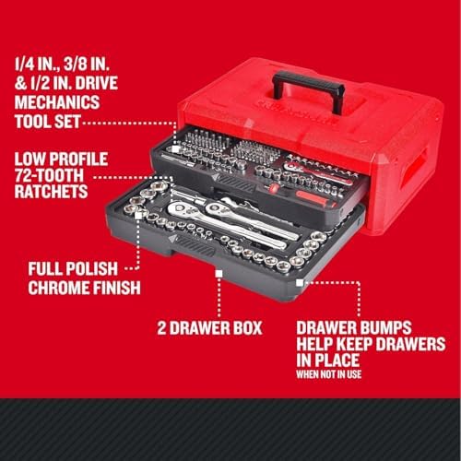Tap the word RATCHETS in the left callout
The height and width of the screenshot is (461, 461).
(51, 192)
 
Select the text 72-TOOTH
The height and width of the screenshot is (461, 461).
(49, 175)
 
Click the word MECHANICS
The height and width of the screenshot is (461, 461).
(57, 102)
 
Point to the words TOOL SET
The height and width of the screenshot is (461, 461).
(48, 122)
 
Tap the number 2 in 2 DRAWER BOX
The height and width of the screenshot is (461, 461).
(161, 328)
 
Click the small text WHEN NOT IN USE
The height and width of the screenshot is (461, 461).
(329, 374)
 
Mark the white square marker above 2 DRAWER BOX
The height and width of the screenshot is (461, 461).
(219, 274)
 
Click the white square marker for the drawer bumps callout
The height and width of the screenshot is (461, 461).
(300, 283)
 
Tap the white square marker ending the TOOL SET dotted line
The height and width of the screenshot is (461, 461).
(175, 149)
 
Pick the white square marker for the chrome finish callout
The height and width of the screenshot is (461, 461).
(138, 215)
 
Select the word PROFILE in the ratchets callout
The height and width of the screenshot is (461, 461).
(79, 159)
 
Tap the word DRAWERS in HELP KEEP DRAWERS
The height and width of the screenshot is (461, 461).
(411, 344)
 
